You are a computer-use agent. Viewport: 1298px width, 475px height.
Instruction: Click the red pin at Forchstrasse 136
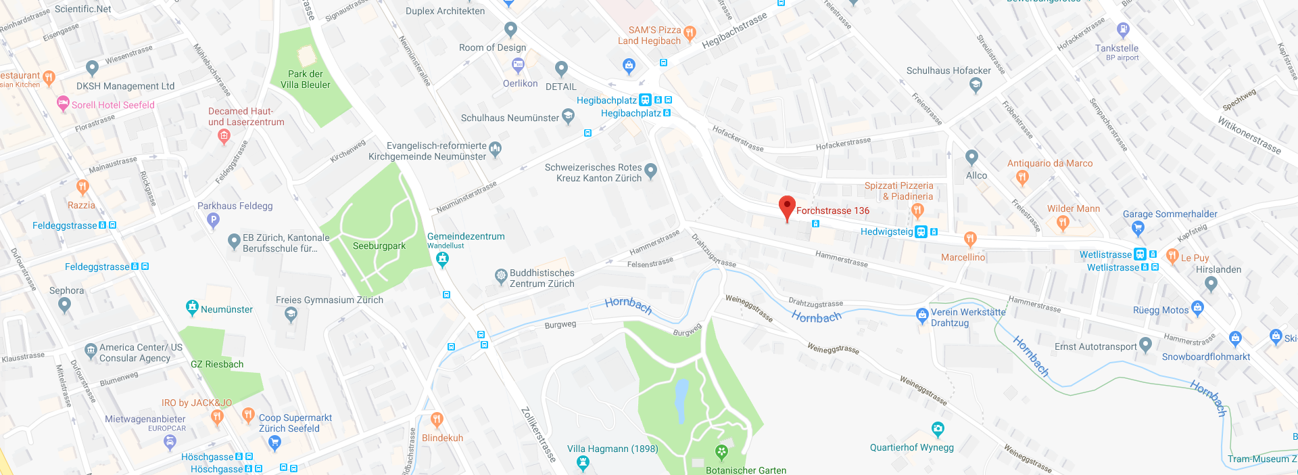[x=787, y=207]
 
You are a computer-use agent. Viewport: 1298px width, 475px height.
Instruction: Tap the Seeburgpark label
[x=379, y=246]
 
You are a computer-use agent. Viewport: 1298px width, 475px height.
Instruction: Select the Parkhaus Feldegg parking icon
[x=214, y=219]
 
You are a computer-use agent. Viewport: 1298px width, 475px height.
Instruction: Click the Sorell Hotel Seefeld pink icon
[x=63, y=104]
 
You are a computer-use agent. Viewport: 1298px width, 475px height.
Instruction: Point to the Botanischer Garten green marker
[x=721, y=451]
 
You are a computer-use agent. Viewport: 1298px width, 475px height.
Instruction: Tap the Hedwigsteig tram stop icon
[x=921, y=232]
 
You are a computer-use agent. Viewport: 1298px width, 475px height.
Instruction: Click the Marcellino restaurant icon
[x=970, y=239]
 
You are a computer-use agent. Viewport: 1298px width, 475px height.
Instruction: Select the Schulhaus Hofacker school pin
[x=975, y=85]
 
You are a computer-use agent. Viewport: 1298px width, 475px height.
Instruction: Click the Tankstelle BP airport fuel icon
[x=1123, y=30]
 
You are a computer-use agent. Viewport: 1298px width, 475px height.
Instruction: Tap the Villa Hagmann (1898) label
[x=612, y=449]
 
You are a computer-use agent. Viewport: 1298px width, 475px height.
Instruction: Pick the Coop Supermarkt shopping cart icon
[x=274, y=443]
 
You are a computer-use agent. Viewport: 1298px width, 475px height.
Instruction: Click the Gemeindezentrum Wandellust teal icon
[x=443, y=258]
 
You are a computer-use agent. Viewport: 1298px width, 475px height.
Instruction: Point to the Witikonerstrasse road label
[x=1249, y=135]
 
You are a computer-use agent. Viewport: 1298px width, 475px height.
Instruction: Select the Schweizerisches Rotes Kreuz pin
[x=650, y=171]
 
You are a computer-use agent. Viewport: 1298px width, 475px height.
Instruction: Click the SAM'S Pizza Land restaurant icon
[x=690, y=32]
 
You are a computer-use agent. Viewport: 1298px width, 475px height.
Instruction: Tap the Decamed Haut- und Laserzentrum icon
[x=224, y=136]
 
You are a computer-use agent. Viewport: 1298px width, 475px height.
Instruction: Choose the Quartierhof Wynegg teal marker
[x=937, y=429]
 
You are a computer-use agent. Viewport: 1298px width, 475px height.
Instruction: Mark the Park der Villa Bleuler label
[x=306, y=79]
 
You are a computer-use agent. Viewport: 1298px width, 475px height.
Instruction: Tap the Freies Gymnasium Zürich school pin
[x=291, y=314]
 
